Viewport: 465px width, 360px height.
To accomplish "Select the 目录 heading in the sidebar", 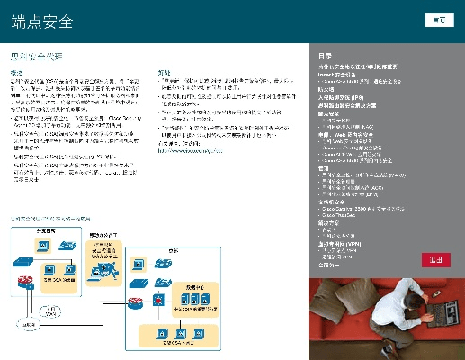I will pyautogui.click(x=326, y=56).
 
